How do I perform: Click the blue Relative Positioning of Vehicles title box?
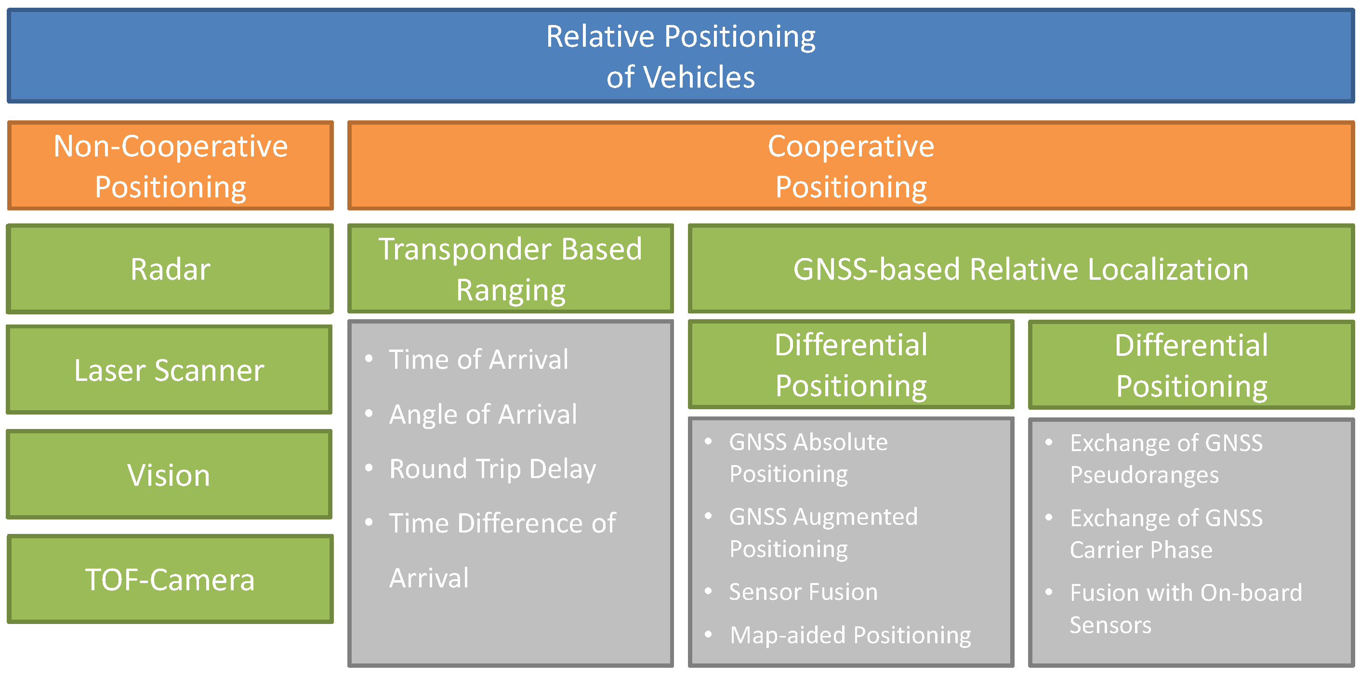(680, 56)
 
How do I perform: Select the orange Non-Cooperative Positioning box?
(170, 166)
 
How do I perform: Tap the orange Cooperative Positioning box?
(850, 166)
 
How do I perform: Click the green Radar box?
(170, 269)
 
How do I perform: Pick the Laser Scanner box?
(169, 370)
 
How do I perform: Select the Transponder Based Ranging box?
(510, 269)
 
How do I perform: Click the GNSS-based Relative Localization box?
(1020, 269)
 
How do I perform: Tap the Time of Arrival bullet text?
(478, 359)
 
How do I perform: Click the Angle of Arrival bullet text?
(483, 414)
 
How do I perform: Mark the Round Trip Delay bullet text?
(492, 468)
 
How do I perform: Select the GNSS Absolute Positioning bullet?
(808, 457)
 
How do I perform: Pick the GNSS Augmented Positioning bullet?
(822, 532)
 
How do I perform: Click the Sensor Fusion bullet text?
(803, 592)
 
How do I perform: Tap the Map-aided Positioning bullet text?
(850, 635)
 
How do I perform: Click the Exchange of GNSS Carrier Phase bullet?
(1166, 533)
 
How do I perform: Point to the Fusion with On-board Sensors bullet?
(1185, 609)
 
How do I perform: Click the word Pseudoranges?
(1144, 475)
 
